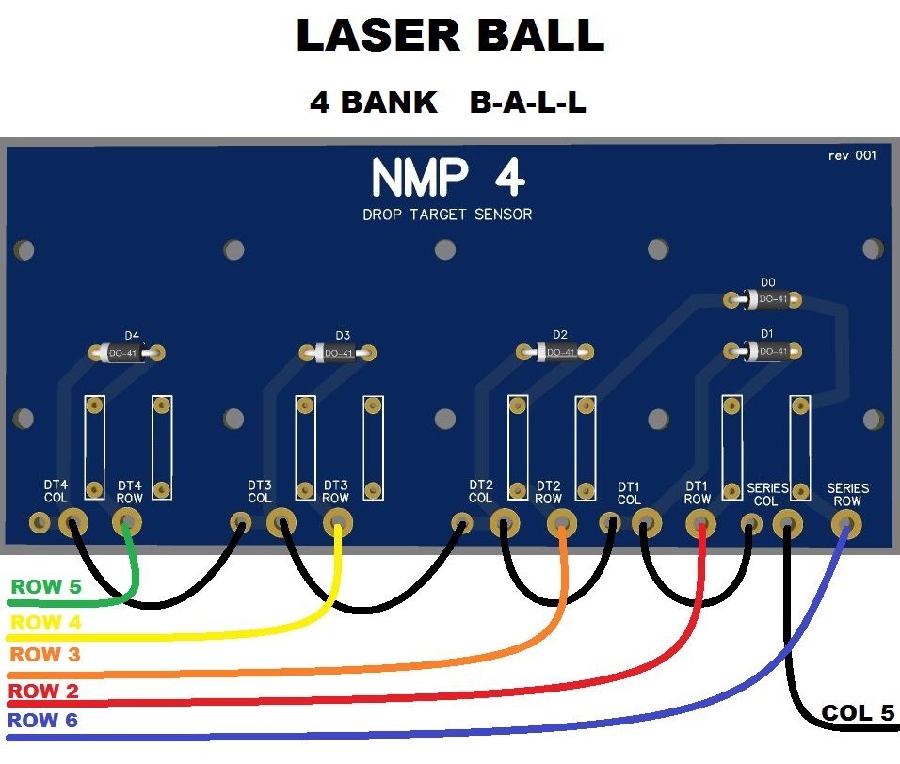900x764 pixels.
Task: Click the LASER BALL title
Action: pyautogui.click(x=450, y=36)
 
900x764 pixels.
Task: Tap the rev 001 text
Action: pyautogui.click(x=852, y=155)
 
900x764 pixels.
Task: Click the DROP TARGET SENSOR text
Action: pyautogui.click(x=447, y=215)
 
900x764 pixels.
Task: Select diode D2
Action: pyautogui.click(x=558, y=352)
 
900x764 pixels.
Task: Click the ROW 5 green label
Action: pyautogui.click(x=45, y=587)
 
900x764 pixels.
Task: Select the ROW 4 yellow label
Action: pyautogui.click(x=45, y=622)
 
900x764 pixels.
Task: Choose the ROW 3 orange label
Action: pyautogui.click(x=45, y=655)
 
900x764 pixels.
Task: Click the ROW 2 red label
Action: pyautogui.click(x=45, y=692)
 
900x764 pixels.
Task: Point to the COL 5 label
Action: pyautogui.click(x=858, y=713)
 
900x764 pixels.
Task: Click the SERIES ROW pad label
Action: pyautogui.click(x=847, y=495)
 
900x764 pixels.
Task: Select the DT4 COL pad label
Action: pyautogui.click(x=56, y=491)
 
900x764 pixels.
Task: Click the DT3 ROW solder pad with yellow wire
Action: pyautogui.click(x=336, y=522)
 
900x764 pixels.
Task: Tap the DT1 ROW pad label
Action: pyautogui.click(x=697, y=493)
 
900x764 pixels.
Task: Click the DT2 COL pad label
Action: pyautogui.click(x=480, y=491)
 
